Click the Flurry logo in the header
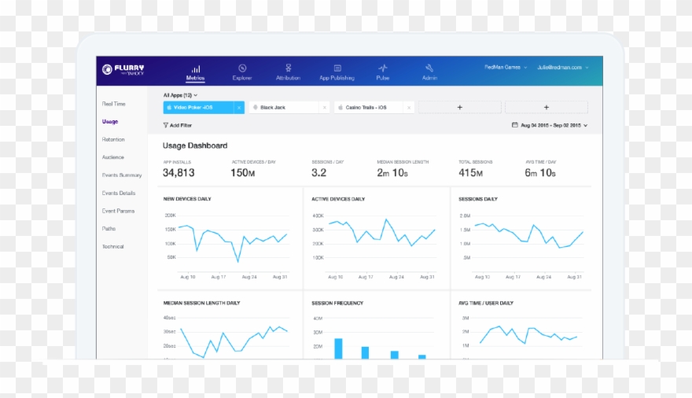click(123, 69)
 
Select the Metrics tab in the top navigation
click(195, 72)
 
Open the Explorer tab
click(242, 72)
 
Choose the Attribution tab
click(288, 72)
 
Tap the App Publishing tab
click(337, 72)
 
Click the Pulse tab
click(383, 72)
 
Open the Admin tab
click(429, 72)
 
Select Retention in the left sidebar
click(113, 139)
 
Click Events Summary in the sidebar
click(122, 175)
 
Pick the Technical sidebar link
click(112, 246)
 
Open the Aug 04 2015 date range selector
click(549, 125)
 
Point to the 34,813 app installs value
click(179, 172)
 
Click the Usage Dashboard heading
click(195, 146)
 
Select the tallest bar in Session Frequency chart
click(338, 348)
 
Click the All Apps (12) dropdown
click(180, 94)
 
